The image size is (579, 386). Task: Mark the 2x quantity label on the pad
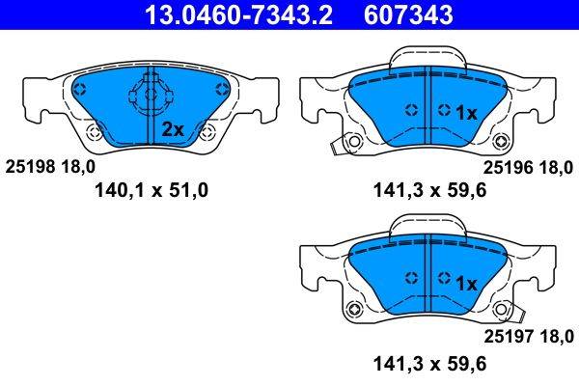(173, 128)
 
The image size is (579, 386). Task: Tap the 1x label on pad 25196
(466, 113)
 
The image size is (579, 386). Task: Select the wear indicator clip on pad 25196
(337, 146)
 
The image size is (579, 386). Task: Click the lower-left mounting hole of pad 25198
(93, 133)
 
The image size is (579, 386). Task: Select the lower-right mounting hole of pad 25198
(200, 133)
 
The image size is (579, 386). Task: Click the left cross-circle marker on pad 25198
(81, 90)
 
